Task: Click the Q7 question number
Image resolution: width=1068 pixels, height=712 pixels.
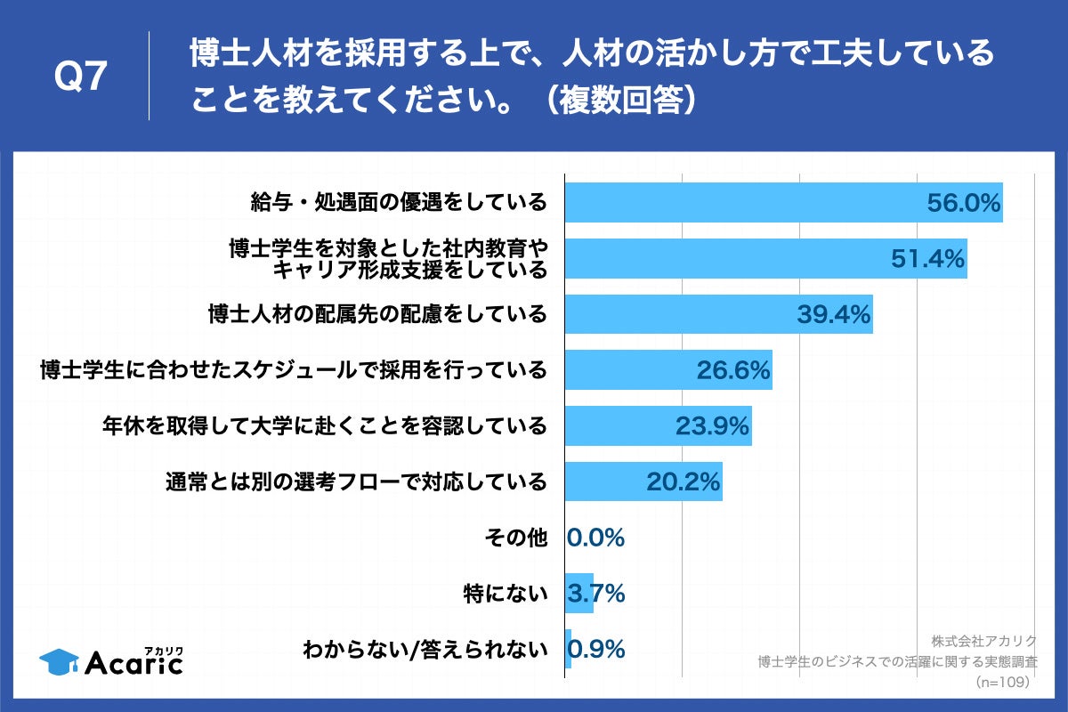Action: point(81,77)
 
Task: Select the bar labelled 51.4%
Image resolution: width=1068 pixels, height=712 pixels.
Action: point(765,259)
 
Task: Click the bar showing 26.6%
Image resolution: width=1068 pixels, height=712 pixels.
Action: point(668,369)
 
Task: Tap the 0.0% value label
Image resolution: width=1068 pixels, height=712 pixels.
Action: point(595,538)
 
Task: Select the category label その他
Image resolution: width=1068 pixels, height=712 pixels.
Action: point(514,538)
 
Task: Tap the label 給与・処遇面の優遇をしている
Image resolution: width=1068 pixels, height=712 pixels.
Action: point(398,203)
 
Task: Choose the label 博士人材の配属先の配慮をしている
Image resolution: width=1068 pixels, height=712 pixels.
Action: point(376,314)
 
